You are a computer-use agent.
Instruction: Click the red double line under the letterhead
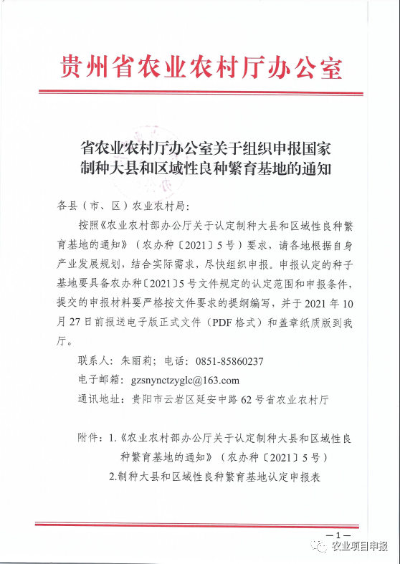coord(200,92)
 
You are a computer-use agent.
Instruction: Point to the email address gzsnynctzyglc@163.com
coord(184,380)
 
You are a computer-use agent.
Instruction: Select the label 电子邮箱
coord(100,380)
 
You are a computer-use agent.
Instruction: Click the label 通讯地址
coord(100,398)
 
